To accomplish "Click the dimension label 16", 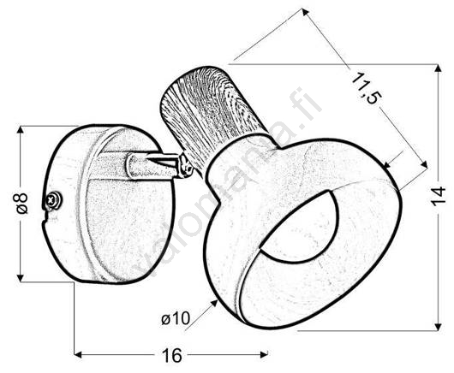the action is [172, 355].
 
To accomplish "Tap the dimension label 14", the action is [438, 196].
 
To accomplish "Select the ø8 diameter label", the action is [22, 204].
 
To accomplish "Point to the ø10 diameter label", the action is [176, 318].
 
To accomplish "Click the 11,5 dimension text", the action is [365, 89].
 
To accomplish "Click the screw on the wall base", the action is [53, 199].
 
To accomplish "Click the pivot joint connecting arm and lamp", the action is [185, 166].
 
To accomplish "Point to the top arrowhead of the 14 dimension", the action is [439, 68].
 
